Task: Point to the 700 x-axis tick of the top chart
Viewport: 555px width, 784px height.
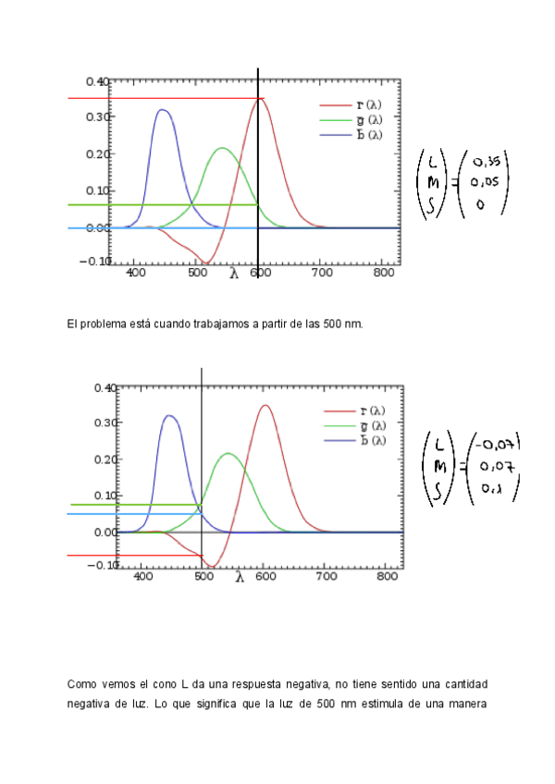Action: pyautogui.click(x=320, y=274)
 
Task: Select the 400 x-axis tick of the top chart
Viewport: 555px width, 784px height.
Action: pyautogui.click(x=135, y=274)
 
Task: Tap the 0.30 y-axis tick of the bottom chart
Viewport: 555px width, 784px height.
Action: pyautogui.click(x=105, y=423)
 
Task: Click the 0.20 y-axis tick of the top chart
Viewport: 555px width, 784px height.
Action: pyautogui.click(x=98, y=153)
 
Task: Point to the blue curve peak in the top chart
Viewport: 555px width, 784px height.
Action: pyautogui.click(x=163, y=110)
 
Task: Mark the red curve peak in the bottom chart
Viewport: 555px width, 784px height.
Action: pyautogui.click(x=265, y=405)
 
